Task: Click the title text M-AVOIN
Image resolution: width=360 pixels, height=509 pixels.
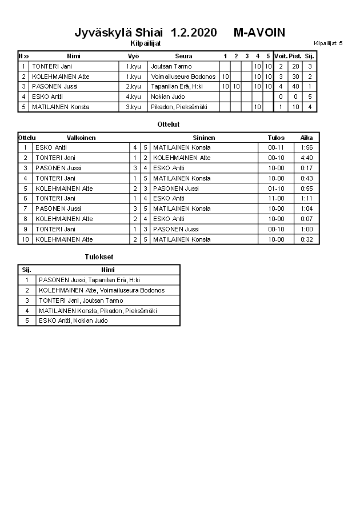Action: (259, 33)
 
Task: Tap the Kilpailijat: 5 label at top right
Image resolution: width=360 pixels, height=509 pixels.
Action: (328, 43)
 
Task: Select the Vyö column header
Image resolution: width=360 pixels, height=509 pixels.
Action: (133, 56)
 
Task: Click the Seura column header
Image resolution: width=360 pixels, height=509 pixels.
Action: (184, 56)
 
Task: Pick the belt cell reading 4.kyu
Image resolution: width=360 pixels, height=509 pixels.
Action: (133, 97)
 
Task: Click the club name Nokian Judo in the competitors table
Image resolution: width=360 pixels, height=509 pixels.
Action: (168, 97)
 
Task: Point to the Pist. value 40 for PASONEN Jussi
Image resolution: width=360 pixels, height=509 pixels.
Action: (295, 86)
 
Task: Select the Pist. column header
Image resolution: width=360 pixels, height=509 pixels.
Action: (295, 56)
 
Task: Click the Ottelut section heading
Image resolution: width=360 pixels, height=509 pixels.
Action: (168, 124)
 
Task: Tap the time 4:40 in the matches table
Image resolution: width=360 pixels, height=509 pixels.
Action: (307, 158)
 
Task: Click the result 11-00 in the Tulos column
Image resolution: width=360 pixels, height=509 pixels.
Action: (276, 198)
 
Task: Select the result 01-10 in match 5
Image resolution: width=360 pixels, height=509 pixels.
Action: (276, 189)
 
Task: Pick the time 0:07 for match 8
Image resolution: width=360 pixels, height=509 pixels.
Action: (307, 219)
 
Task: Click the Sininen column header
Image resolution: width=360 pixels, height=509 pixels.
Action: (204, 138)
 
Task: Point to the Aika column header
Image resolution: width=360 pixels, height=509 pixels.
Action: (307, 138)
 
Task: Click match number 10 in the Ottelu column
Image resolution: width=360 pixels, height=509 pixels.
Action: (25, 239)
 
